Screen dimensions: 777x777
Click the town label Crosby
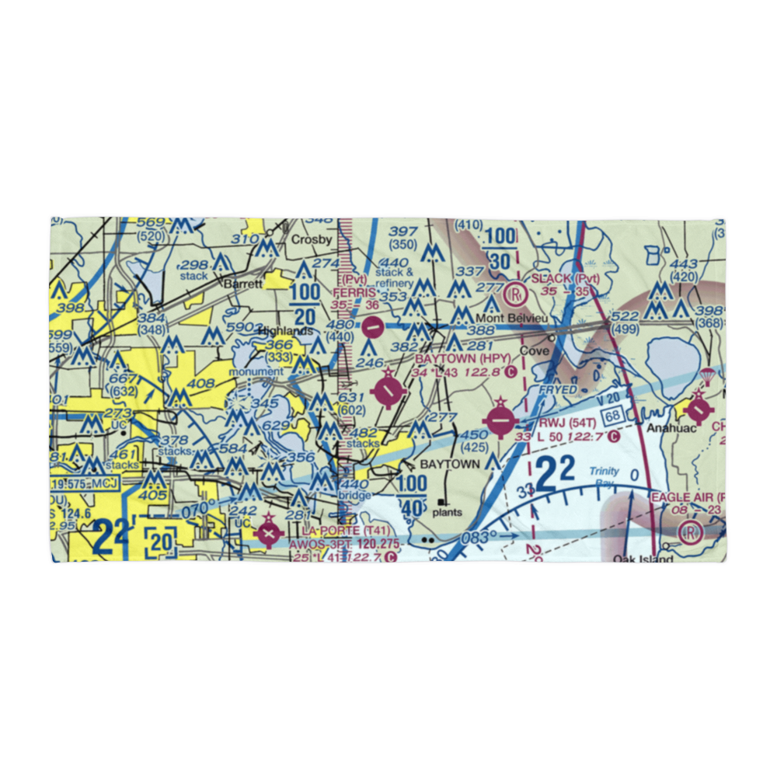pos(312,239)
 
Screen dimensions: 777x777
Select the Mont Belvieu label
pos(507,319)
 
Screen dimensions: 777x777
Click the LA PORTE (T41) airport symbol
pos(269,534)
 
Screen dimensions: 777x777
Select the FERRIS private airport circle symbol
pos(373,327)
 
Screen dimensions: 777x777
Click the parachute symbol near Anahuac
pos(706,377)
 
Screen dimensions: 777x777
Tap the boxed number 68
pos(612,417)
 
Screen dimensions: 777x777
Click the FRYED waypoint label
pos(559,389)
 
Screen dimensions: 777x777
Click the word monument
pos(256,371)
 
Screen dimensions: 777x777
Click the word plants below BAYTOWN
pos(448,512)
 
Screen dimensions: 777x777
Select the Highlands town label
pos(284,331)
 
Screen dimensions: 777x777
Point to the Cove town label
pos(534,351)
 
